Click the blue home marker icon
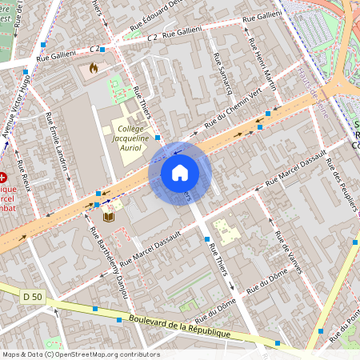pos(180,173)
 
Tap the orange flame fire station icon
pos(95,70)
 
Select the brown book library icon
pos(109,216)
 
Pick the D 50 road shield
pos(32,297)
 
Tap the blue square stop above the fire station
pos(102,50)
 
